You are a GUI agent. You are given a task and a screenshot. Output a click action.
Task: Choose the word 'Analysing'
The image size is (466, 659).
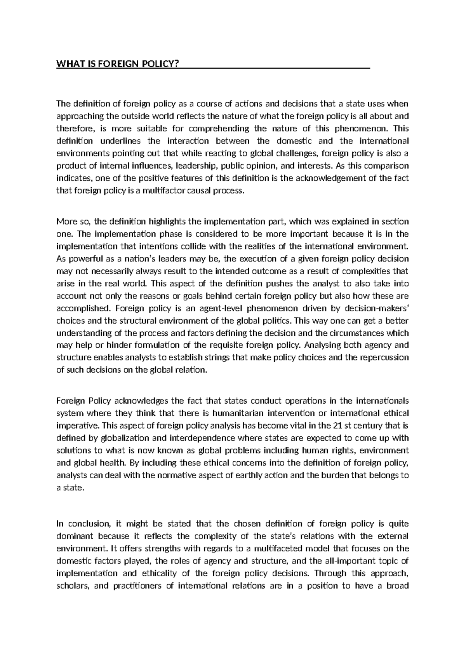coord(323,345)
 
